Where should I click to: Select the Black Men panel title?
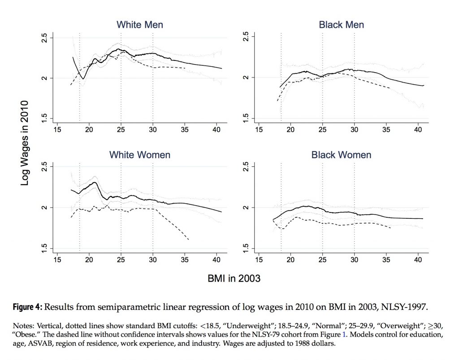[x=341, y=25]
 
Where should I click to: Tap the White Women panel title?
[x=140, y=155]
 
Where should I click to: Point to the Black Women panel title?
[x=341, y=155]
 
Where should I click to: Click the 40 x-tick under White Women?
[x=217, y=260]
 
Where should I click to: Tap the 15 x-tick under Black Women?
[x=259, y=260]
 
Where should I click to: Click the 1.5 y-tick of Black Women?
[x=246, y=248]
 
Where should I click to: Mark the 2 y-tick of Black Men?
[x=246, y=78]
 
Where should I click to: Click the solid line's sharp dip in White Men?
[x=83, y=78]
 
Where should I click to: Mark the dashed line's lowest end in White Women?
[x=188, y=240]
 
